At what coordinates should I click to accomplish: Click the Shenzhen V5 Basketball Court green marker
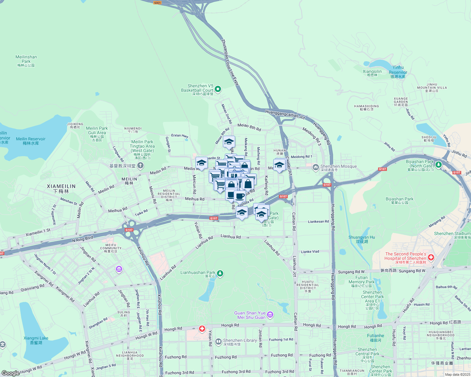coord(218,89)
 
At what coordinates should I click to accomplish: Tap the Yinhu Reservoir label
coord(398,72)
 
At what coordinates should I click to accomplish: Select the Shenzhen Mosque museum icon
coord(315,168)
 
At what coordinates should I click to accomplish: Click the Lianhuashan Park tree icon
coord(220,273)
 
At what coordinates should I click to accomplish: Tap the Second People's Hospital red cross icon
coord(431,258)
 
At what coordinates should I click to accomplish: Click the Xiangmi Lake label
coord(36,340)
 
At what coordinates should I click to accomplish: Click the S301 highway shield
coord(157,3)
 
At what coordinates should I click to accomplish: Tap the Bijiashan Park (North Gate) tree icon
coord(438,164)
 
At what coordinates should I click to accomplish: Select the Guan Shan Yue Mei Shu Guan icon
coord(270,314)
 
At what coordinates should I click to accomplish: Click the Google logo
coord(10,373)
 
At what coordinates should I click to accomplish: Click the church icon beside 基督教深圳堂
coord(140,165)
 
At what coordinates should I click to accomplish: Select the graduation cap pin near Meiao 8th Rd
coord(229,142)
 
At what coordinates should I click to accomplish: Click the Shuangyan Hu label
coord(362,239)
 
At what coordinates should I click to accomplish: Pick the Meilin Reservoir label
coord(31,141)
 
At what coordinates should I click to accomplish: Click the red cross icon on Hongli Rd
coord(202,329)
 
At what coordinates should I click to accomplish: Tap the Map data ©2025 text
coord(457,374)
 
